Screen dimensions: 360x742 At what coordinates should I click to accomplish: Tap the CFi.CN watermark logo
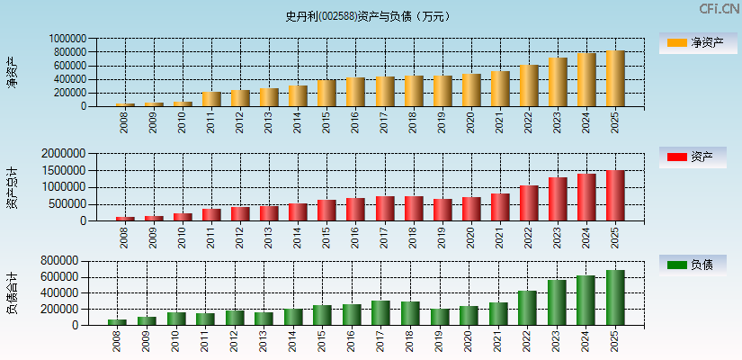tap(719, 9)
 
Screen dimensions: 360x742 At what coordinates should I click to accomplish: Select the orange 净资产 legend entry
tap(693, 42)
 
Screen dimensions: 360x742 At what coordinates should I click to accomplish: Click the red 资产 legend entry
tap(693, 157)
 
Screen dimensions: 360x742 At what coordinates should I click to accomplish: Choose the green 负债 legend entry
tap(693, 265)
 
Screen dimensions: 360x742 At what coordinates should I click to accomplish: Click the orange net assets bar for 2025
tap(615, 78)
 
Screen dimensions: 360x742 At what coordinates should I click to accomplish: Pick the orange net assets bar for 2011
tap(211, 99)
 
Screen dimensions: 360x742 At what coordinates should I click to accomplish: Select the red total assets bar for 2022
tap(529, 203)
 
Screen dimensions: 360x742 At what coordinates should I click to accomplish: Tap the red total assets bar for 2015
tap(326, 210)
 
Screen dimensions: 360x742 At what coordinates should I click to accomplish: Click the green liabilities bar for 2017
tap(384, 312)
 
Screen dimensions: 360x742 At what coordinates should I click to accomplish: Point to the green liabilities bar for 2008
tap(125, 321)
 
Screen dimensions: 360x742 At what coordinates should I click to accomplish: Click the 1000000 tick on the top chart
tap(67, 39)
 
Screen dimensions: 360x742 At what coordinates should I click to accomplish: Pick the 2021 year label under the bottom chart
tap(500, 342)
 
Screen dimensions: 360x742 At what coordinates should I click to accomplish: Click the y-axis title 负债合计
tap(12, 292)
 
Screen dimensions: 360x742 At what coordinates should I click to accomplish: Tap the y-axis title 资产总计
tap(12, 187)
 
